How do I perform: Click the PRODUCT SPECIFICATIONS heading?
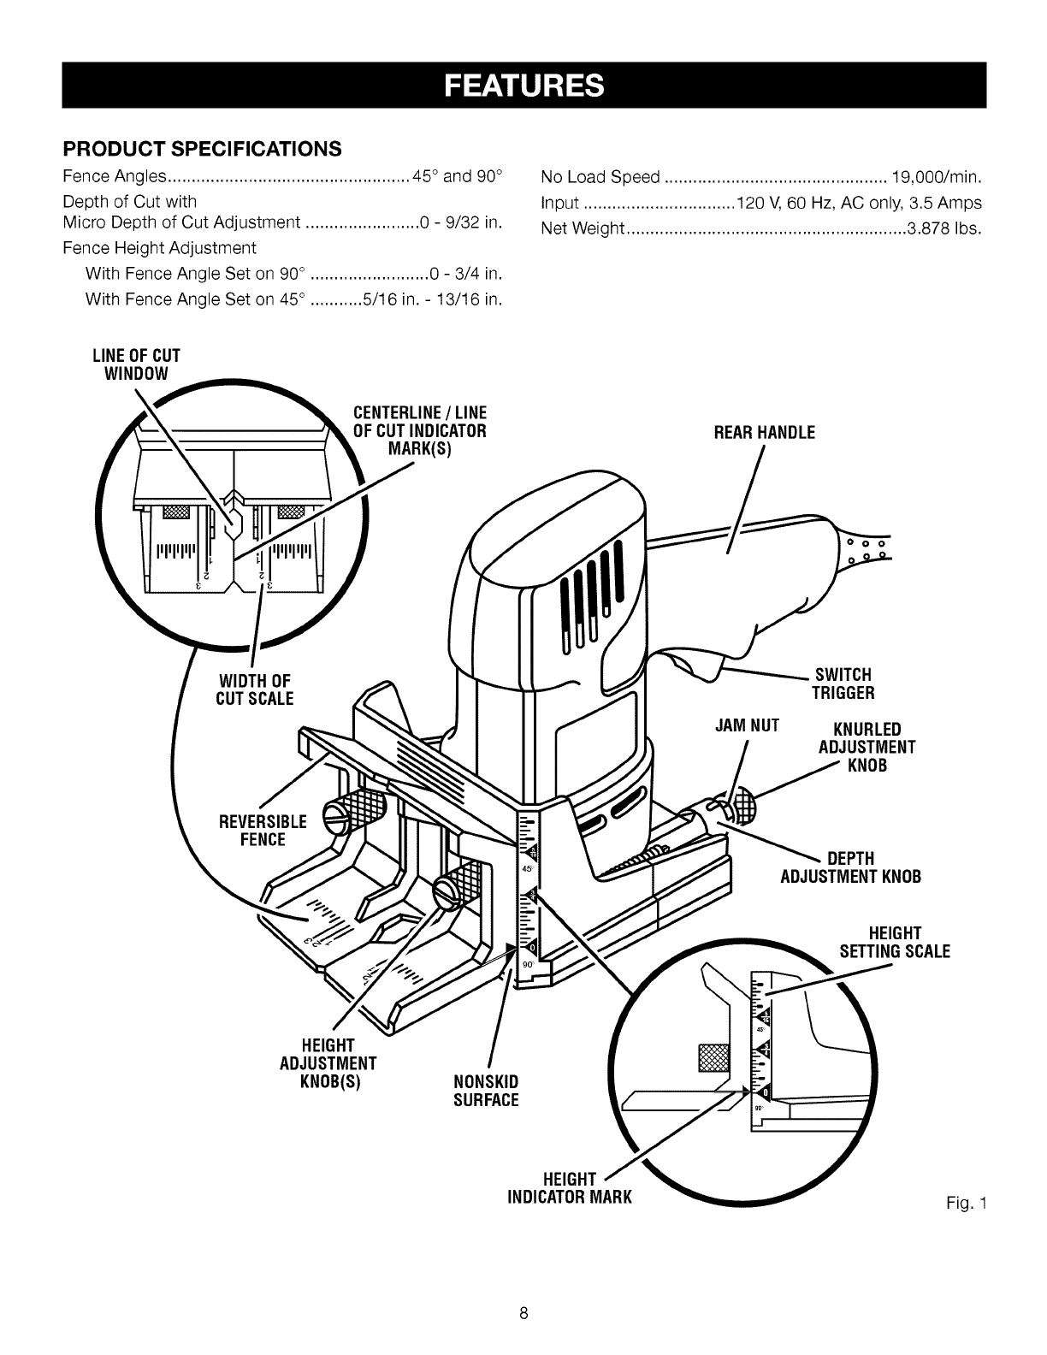(203, 148)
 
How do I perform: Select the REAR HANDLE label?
(764, 433)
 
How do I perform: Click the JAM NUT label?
(748, 726)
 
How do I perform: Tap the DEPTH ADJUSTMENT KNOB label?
(850, 868)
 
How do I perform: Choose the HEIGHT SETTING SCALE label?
(894, 942)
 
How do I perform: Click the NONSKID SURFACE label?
(486, 1090)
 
